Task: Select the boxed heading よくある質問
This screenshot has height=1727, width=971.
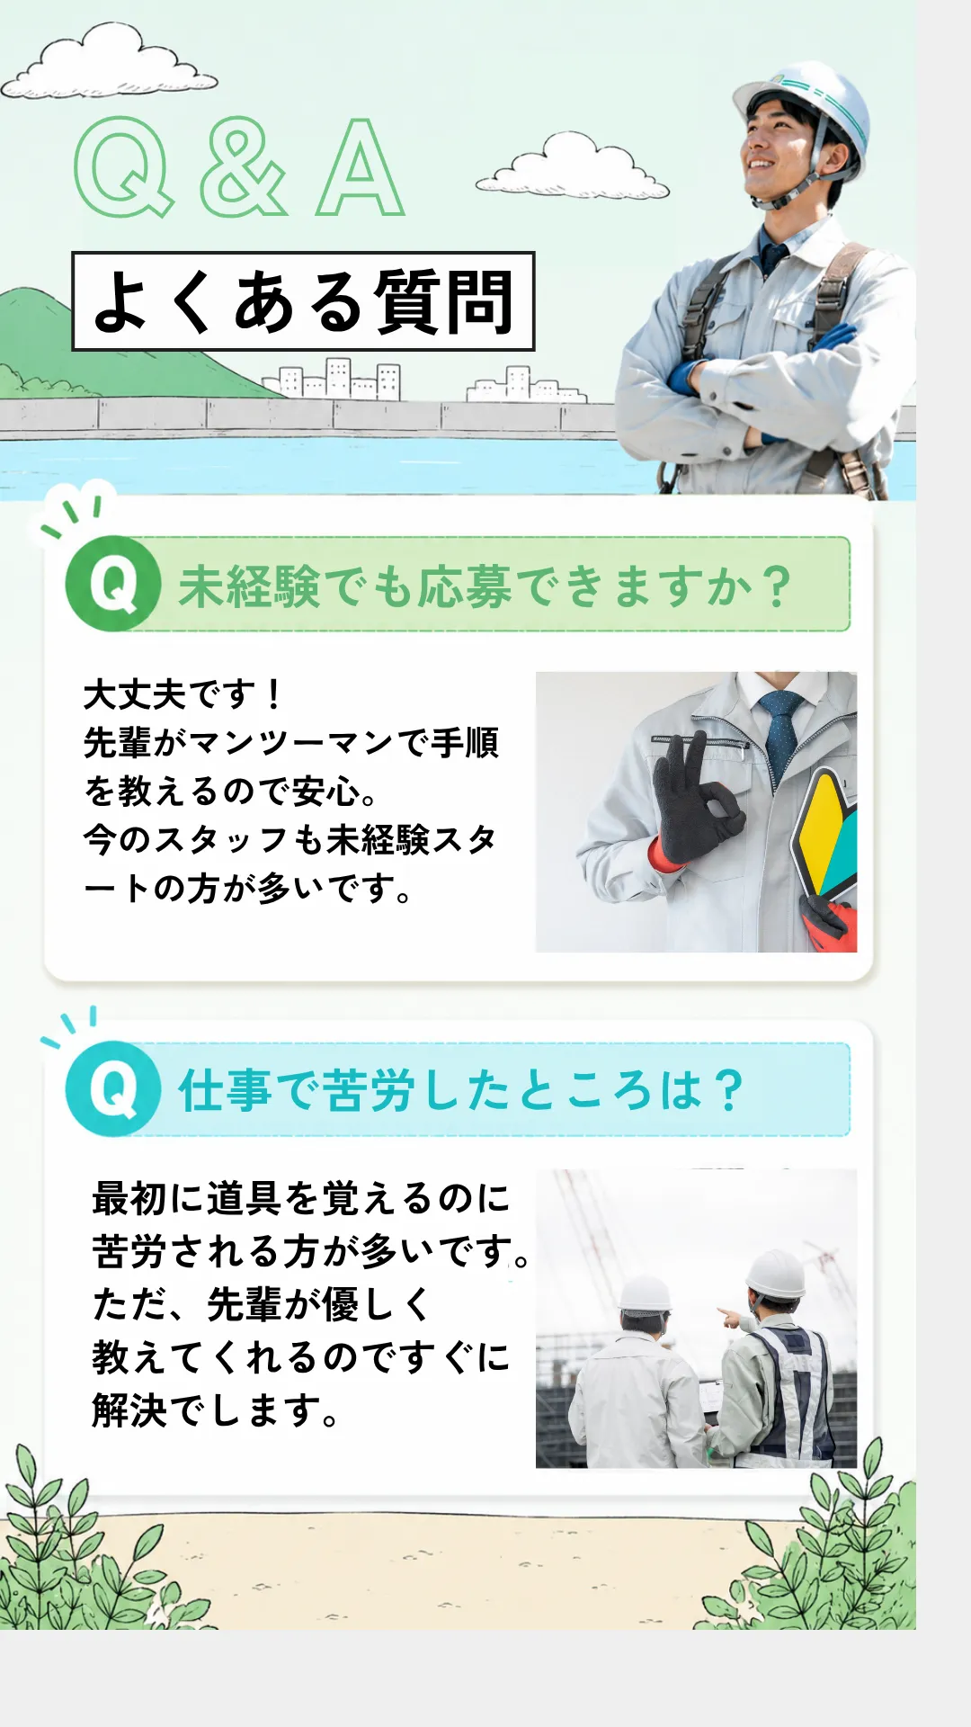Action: pyautogui.click(x=303, y=301)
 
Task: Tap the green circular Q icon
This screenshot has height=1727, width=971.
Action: pyautogui.click(x=113, y=584)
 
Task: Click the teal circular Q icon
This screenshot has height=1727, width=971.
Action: pyautogui.click(x=113, y=1088)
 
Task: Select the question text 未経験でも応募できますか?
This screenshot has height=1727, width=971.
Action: pyautogui.click(x=485, y=586)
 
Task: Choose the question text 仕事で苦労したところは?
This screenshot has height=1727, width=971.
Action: pyautogui.click(x=460, y=1090)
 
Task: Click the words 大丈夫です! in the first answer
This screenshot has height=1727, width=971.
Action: pyautogui.click(x=183, y=694)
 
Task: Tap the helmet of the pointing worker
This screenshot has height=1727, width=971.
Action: pyautogui.click(x=775, y=1275)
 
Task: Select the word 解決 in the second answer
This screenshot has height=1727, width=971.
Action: pyautogui.click(x=129, y=1409)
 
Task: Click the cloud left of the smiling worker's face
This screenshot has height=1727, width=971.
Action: pyautogui.click(x=573, y=166)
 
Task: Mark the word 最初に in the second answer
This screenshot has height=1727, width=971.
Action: pyautogui.click(x=148, y=1198)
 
